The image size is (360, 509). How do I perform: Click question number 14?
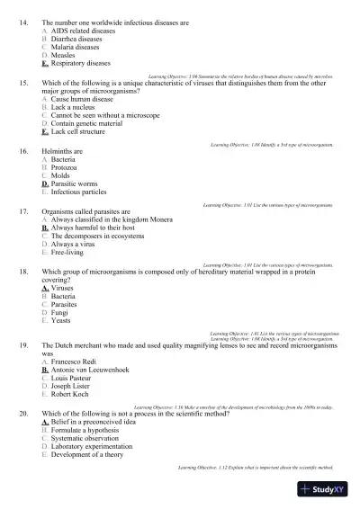point(22,22)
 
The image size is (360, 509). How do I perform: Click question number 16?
point(22,151)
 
